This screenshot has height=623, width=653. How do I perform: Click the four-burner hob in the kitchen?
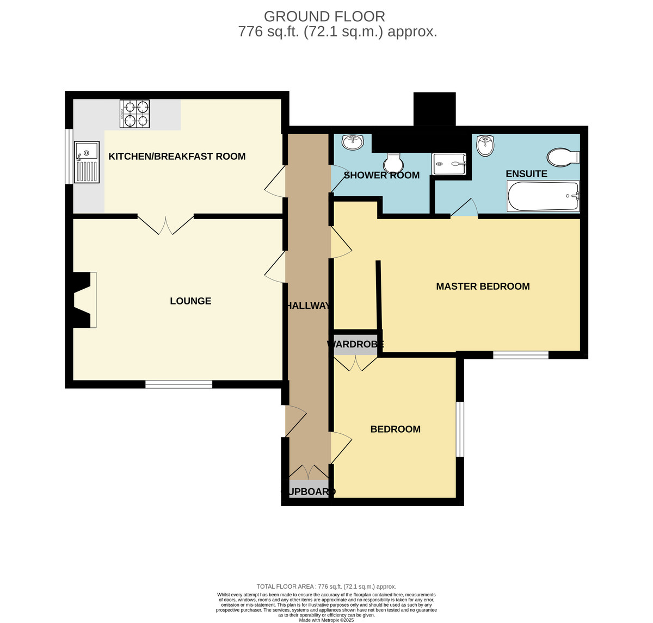point(134,114)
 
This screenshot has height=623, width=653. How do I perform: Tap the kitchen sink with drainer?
point(87,162)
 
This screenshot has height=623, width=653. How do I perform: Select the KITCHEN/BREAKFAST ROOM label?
point(177,156)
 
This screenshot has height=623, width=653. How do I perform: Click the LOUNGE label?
point(190,301)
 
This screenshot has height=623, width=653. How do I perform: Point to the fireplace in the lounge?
point(83,300)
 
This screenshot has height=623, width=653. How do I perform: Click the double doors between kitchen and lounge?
point(166,224)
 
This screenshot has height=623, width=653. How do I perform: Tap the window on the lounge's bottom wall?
point(179,384)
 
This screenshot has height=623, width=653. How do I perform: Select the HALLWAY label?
point(307,306)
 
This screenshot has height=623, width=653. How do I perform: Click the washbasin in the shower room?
point(353,142)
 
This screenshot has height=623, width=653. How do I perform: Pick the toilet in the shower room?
point(393,163)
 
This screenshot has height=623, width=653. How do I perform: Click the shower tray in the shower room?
point(449,164)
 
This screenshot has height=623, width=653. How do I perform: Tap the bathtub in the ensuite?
point(543,196)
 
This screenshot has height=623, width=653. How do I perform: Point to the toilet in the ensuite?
point(563,157)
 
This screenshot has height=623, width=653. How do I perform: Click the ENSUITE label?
point(527,173)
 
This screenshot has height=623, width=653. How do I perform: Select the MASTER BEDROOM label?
point(483,286)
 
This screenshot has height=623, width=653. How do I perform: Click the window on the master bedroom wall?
point(520,355)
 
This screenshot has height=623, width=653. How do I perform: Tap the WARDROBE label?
point(355,344)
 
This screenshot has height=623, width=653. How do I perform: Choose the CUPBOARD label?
point(308,491)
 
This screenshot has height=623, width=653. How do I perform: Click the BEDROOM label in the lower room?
point(395,429)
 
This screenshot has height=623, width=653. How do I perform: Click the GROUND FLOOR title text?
point(324,16)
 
